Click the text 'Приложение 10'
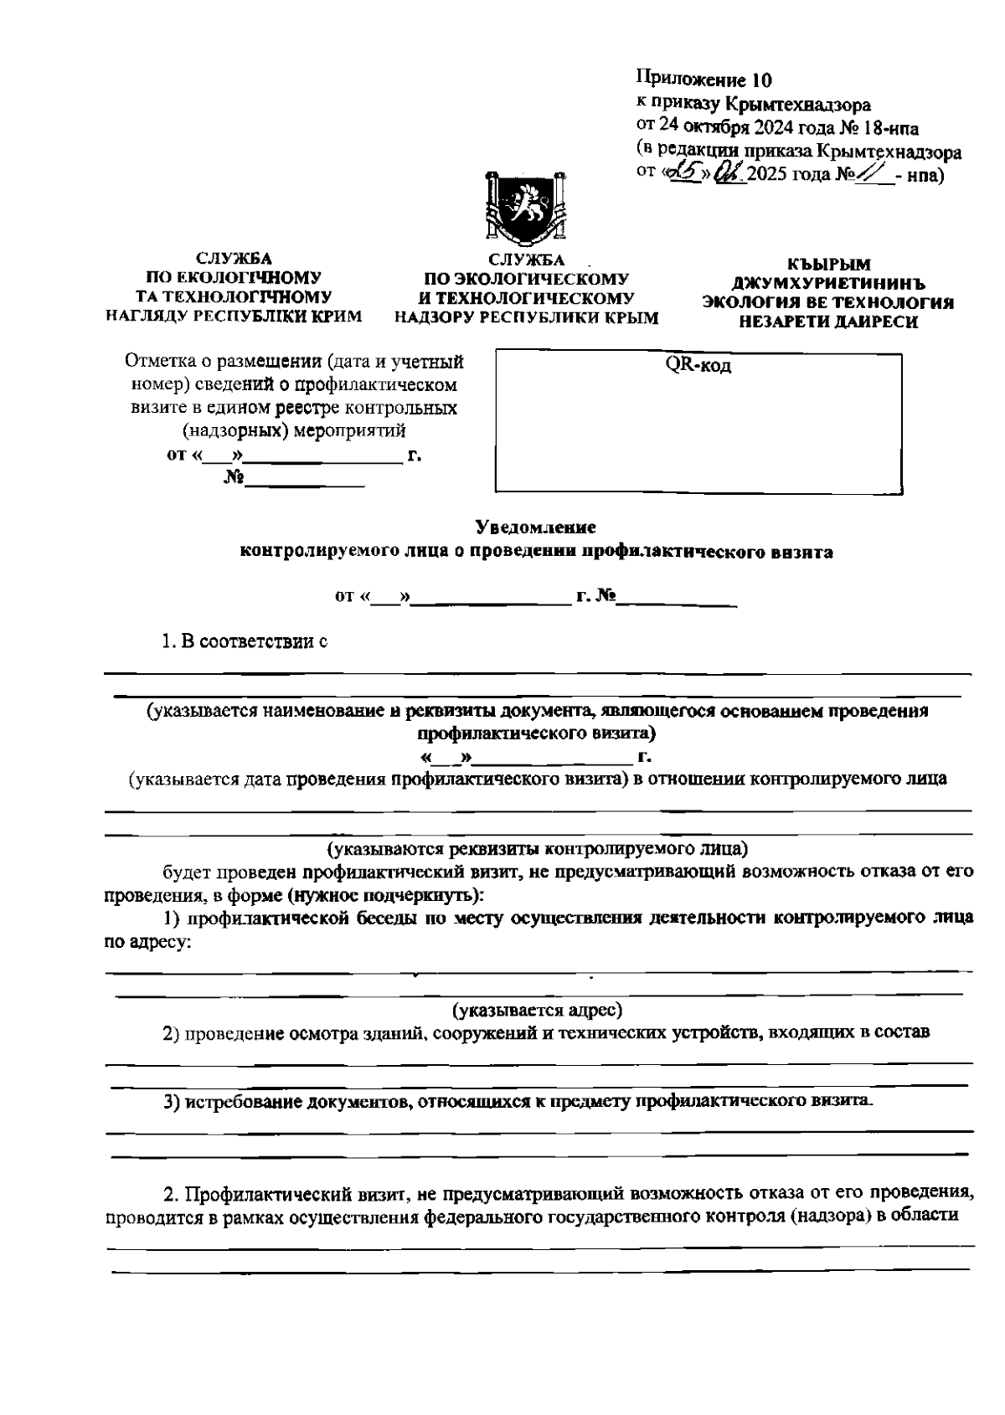click(x=703, y=80)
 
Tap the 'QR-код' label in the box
click(x=698, y=367)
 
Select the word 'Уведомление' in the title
click(x=535, y=528)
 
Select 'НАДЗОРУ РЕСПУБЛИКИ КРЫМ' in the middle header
click(x=527, y=317)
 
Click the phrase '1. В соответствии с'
click(x=244, y=642)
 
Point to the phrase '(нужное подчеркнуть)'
click(x=384, y=895)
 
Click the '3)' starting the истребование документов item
click(x=173, y=1102)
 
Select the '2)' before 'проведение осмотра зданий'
click(x=173, y=1032)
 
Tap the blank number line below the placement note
click(x=305, y=481)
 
